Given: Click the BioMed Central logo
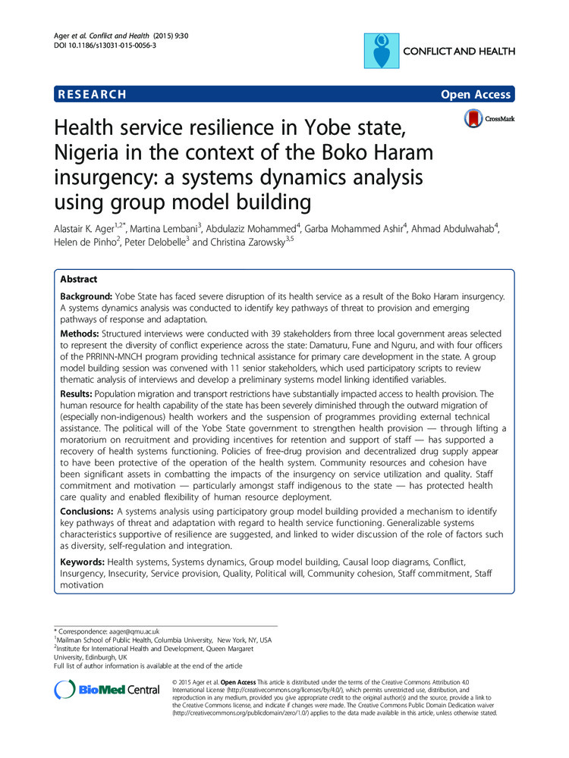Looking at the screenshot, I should (x=107, y=690).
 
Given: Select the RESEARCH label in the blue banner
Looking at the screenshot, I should (x=91, y=95).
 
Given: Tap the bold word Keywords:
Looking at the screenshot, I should (x=83, y=562).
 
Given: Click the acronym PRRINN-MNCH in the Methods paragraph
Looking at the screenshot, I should (x=123, y=358).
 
